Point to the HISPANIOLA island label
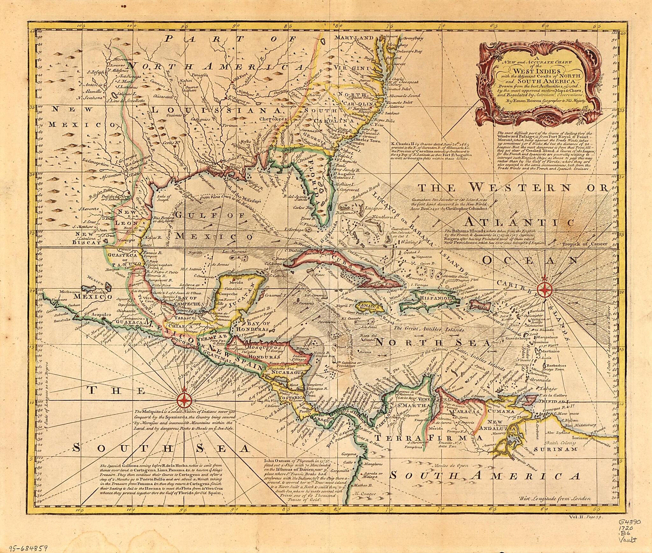(436, 298)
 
